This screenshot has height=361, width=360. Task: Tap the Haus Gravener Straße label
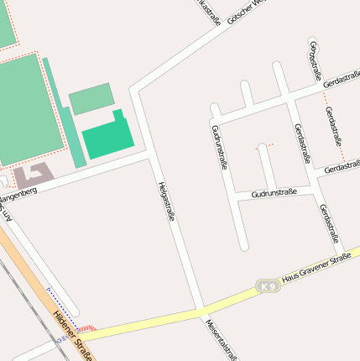(x=316, y=269)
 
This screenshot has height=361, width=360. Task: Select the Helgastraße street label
(x=166, y=201)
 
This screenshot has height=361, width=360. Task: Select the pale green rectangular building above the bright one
(x=90, y=99)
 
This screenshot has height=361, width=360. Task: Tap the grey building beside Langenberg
(x=32, y=175)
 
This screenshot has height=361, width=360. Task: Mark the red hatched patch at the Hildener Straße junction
(x=87, y=327)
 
